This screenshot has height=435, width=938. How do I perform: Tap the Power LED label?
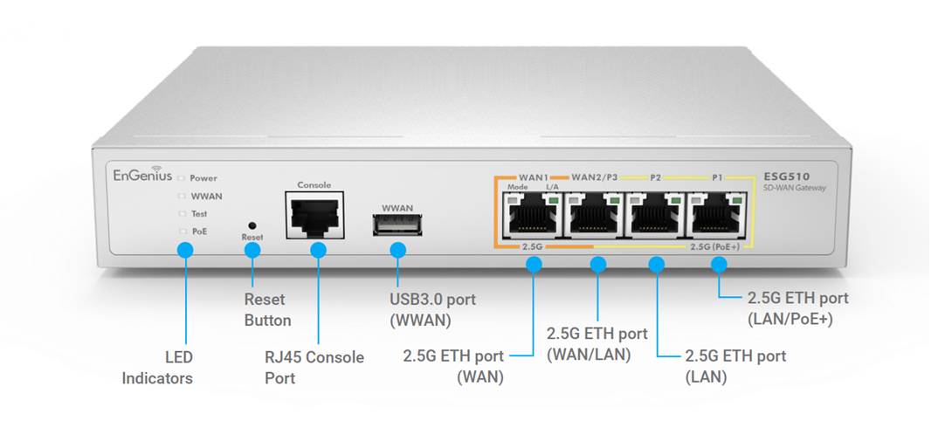click(x=203, y=178)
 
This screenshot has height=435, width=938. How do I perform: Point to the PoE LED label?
click(x=199, y=231)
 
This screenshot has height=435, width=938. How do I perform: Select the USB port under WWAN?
click(x=397, y=226)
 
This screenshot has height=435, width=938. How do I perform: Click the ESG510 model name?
click(x=783, y=175)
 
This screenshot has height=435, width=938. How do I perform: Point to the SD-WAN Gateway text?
click(x=793, y=188)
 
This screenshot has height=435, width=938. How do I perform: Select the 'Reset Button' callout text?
click(x=267, y=310)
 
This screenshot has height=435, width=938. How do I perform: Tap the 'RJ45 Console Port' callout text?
click(x=314, y=368)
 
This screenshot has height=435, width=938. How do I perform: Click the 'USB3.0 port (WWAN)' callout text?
click(x=432, y=310)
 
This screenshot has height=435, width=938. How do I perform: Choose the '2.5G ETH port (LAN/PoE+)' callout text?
click(x=797, y=308)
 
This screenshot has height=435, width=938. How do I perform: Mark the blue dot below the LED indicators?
click(x=185, y=251)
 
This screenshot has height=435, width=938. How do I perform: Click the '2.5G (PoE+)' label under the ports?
click(x=714, y=247)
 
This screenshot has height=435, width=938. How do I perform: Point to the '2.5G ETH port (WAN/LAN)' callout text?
click(x=597, y=343)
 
